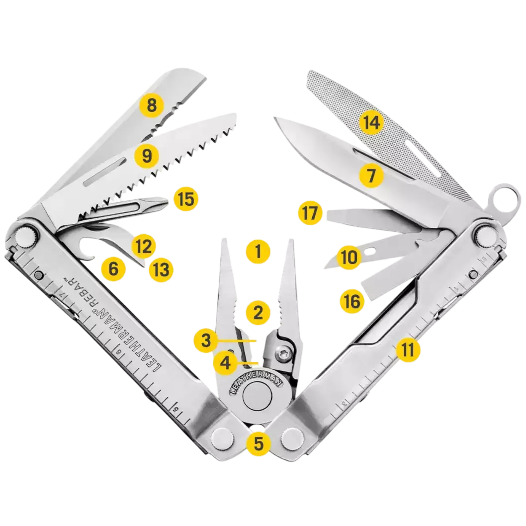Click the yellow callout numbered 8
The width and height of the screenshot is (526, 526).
click(x=152, y=105)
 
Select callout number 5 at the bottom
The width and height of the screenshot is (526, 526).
click(x=258, y=442)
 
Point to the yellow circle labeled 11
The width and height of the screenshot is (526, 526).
click(x=408, y=350)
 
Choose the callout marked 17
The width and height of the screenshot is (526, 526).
click(x=310, y=214)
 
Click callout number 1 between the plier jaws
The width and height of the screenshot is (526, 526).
click(x=258, y=252)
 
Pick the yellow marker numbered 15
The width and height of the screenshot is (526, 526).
click(x=185, y=199)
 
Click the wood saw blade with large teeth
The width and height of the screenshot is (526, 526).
click(x=189, y=149)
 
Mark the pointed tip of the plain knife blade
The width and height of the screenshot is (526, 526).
click(x=275, y=118)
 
